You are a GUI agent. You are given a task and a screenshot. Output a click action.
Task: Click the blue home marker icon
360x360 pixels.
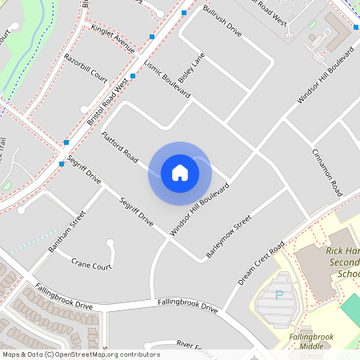[180, 173]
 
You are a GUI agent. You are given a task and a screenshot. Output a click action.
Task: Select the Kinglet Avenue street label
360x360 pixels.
[114, 38]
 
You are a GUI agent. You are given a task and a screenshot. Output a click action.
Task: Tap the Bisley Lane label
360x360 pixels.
[191, 68]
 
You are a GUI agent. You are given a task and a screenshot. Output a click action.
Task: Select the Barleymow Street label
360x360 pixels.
[229, 235]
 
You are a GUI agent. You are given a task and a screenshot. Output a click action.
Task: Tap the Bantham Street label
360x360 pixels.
[66, 232]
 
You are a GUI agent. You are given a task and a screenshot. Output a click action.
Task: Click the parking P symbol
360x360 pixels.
[279, 295]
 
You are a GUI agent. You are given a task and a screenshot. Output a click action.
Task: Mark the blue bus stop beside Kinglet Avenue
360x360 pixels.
[151, 37]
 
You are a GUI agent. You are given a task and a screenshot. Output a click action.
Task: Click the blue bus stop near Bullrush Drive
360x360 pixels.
[185, 13]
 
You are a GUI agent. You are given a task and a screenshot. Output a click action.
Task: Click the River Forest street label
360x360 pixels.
[196, 345]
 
